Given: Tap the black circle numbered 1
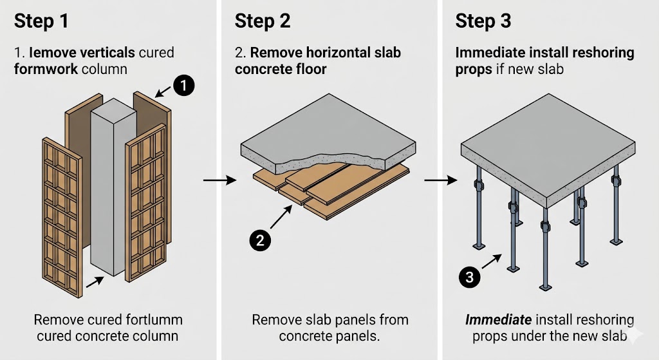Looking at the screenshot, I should tap(183, 85).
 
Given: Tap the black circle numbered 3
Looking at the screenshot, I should tap(470, 278).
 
